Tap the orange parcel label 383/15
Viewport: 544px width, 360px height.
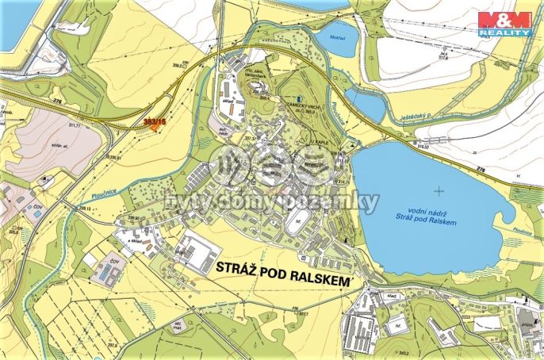[x=155, y=121]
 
